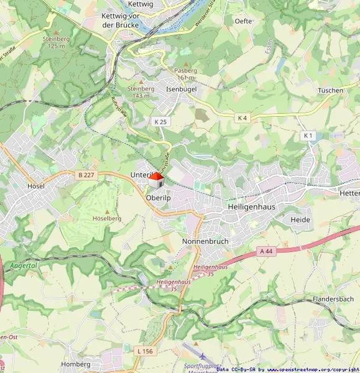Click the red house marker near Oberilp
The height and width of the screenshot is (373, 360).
(155, 180)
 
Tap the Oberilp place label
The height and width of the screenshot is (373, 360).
(158, 197)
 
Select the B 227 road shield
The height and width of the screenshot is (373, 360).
(86, 175)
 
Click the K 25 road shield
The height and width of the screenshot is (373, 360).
(161, 122)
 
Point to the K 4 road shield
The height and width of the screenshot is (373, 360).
(242, 117)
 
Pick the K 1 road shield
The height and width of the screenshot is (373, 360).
(308, 135)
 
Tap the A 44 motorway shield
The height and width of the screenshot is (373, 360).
(265, 251)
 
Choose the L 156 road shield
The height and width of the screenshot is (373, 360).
(144, 351)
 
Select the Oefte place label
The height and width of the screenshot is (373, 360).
(243, 21)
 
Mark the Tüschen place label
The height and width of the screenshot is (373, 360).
(330, 90)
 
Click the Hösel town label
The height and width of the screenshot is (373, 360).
(36, 186)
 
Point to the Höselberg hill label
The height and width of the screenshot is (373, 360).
(106, 218)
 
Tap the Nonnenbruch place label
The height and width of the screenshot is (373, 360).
(205, 241)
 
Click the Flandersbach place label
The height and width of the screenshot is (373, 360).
(333, 300)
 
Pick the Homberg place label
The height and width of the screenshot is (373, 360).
(76, 364)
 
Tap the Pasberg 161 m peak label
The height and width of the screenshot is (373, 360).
(186, 74)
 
